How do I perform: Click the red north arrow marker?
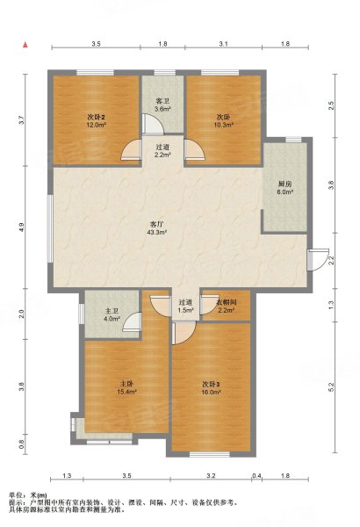pos(25,45)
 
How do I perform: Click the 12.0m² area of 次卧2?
pos(97,125)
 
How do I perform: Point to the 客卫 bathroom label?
pos(162,101)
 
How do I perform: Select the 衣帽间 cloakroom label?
pos(227,302)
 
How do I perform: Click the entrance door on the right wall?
pos(318,259)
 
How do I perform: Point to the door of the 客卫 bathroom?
pos(153,125)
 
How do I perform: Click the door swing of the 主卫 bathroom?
pos(132,321)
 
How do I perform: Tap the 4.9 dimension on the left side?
pos(22,227)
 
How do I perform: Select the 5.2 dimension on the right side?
pos(331,387)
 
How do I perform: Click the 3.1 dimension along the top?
pos(224,44)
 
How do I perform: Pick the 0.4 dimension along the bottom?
pos(256,475)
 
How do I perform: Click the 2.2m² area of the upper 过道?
pos(163,155)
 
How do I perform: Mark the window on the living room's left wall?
pos(50,228)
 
